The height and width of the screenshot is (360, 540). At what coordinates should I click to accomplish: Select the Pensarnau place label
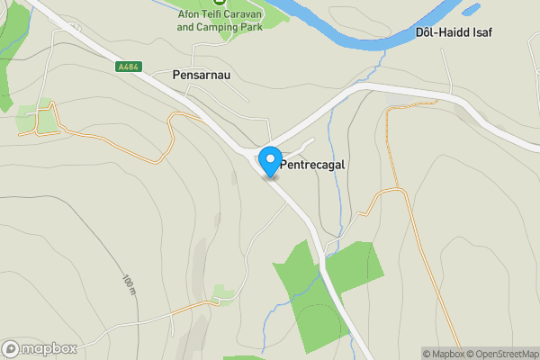click(202, 75)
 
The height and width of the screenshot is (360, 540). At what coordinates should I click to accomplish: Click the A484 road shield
click(130, 67)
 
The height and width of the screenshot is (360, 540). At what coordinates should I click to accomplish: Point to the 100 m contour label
click(128, 285)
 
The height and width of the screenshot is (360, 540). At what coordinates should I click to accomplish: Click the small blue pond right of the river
click(469, 12)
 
